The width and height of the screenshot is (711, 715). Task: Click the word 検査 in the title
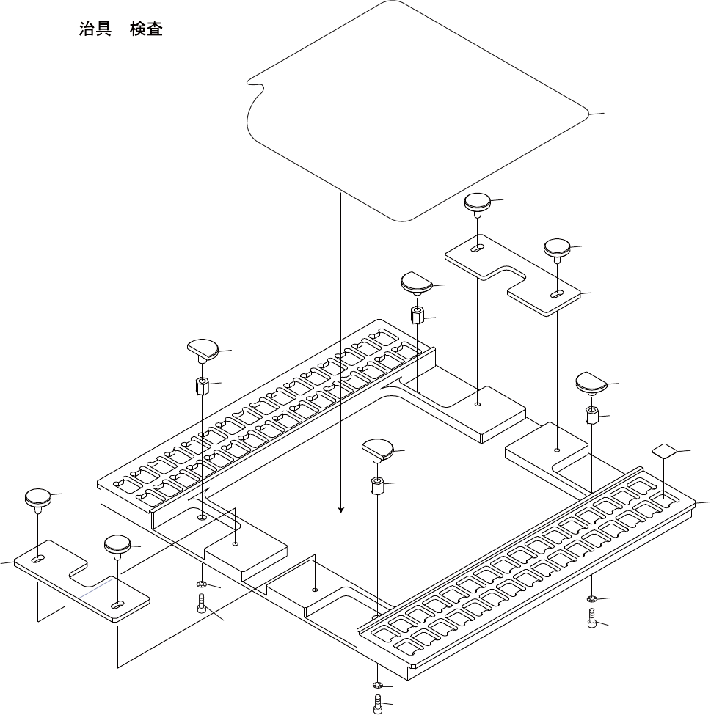(146, 30)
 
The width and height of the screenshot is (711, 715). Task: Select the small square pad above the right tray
(664, 450)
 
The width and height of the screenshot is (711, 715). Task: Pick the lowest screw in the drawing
(379, 703)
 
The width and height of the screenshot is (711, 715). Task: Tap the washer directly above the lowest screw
(378, 686)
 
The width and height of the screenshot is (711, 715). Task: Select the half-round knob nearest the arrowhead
(379, 448)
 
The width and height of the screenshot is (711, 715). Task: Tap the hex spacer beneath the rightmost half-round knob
(591, 416)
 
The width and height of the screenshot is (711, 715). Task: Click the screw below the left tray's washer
(202, 604)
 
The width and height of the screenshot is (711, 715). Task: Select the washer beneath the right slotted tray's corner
(591, 600)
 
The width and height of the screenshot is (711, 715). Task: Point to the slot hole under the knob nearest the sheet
(478, 248)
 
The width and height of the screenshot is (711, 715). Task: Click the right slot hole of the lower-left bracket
(117, 604)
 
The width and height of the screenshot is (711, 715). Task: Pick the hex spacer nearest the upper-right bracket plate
(417, 315)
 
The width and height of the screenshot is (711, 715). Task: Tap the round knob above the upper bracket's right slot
(558, 246)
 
